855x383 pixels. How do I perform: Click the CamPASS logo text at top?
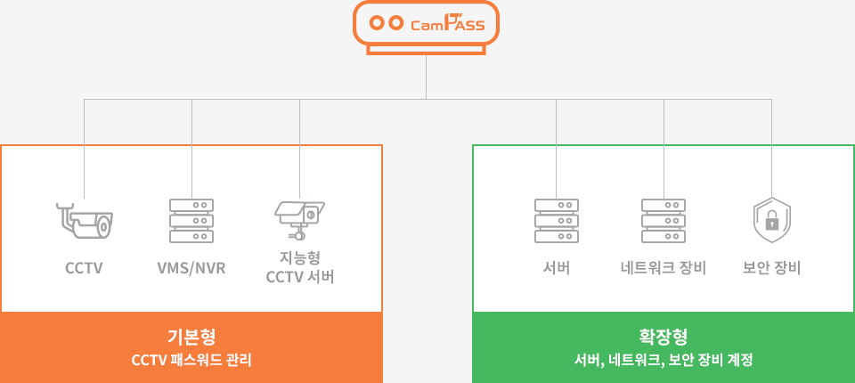click(x=448, y=24)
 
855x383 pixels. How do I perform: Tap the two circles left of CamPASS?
click(x=386, y=24)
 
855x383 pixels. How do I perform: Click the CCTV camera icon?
click(x=84, y=219)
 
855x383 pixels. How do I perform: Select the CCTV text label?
click(x=84, y=268)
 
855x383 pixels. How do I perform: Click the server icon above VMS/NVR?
click(x=191, y=220)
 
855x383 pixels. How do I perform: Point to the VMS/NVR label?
click(x=191, y=268)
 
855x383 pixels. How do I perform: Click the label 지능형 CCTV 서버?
click(x=299, y=268)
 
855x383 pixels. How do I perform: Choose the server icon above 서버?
click(x=557, y=220)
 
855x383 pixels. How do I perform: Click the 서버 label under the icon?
click(x=557, y=268)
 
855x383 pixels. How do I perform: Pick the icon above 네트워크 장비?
click(x=664, y=220)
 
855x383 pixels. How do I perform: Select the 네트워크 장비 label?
click(x=664, y=268)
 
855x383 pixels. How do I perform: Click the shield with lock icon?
click(x=771, y=220)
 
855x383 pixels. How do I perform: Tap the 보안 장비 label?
click(x=771, y=268)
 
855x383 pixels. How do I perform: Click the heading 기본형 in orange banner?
click(x=191, y=338)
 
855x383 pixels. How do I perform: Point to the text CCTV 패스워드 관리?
click(x=191, y=361)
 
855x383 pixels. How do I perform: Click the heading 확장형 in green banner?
click(x=664, y=338)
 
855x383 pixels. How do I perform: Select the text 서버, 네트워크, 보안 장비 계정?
click(x=664, y=361)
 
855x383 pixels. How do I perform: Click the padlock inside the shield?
click(x=771, y=222)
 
